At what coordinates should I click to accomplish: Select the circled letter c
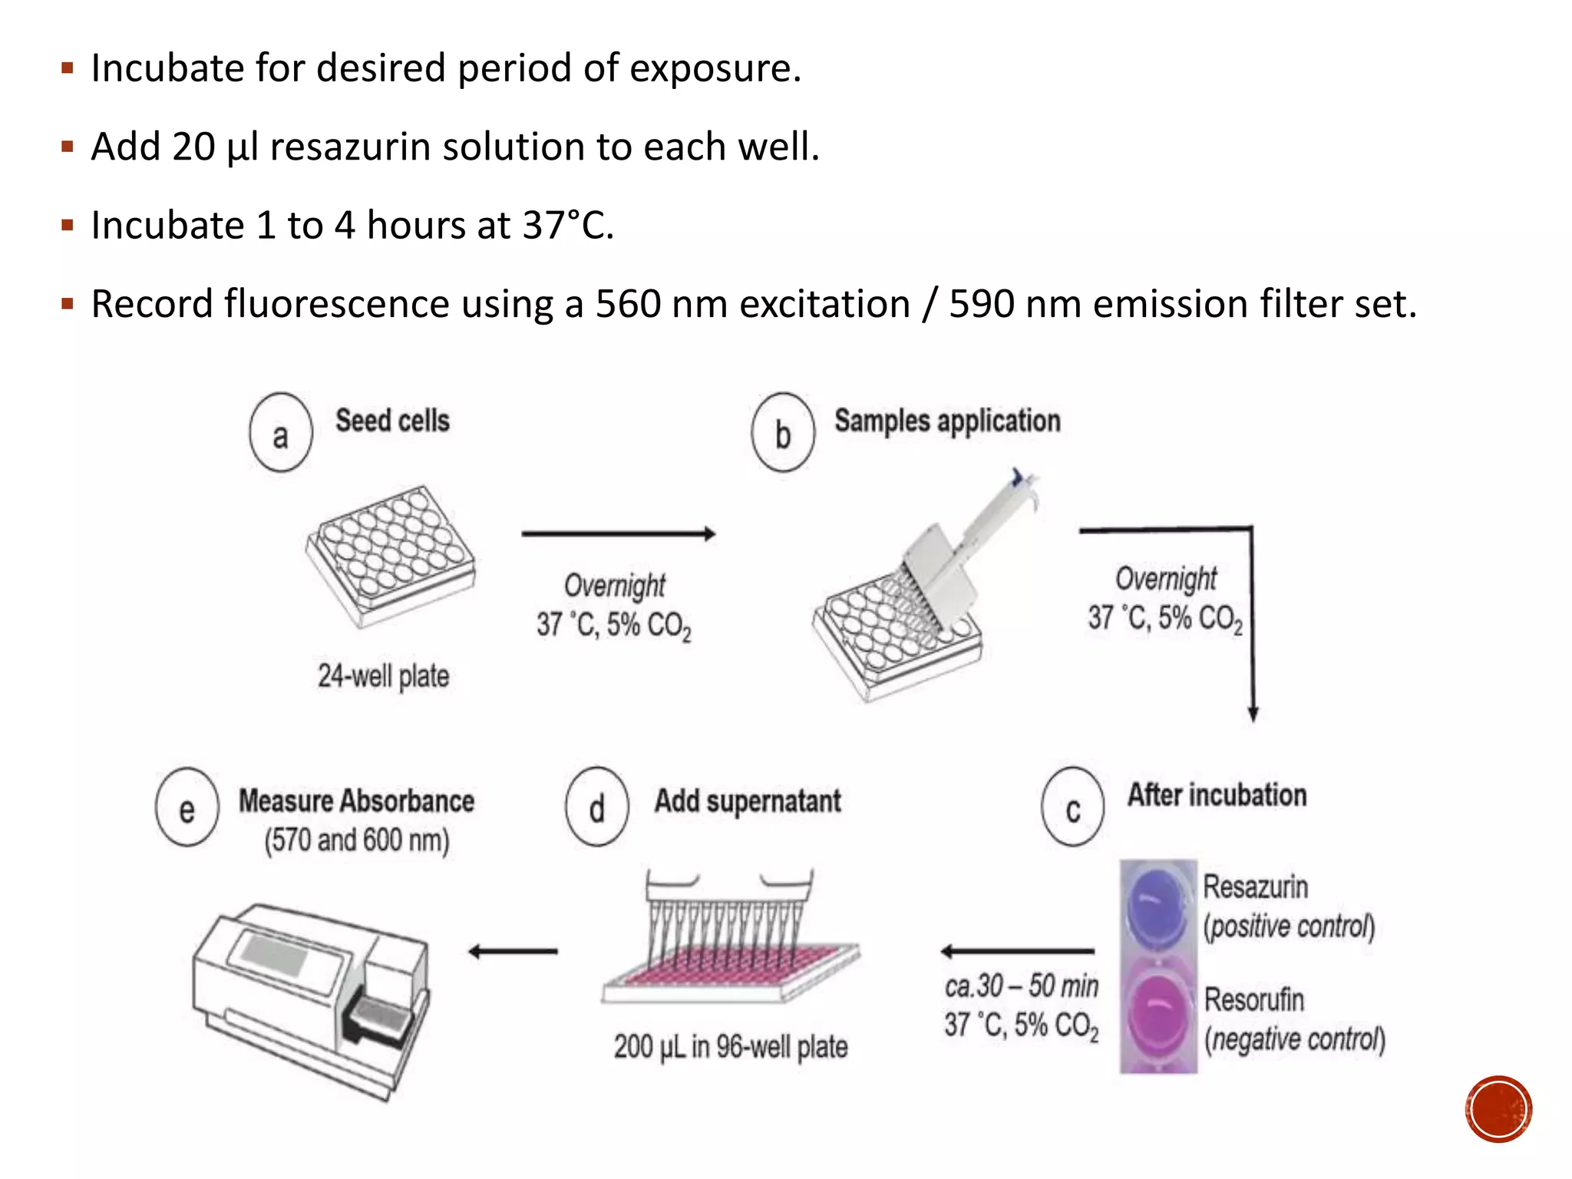click(x=1073, y=807)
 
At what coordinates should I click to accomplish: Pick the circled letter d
click(x=597, y=807)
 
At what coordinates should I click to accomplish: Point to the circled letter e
click(x=187, y=807)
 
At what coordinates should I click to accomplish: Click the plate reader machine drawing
click(x=311, y=998)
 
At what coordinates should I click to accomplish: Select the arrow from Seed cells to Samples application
click(x=618, y=533)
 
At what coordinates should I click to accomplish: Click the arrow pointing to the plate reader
click(x=513, y=952)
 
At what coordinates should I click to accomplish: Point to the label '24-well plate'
click(x=383, y=676)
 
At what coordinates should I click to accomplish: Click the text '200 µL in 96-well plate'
click(x=730, y=1046)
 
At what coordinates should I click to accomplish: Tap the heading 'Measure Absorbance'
click(x=356, y=801)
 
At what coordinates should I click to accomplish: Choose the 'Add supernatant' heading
click(x=748, y=801)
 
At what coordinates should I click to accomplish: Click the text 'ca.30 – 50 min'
click(x=1022, y=986)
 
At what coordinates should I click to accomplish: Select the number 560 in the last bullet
click(x=628, y=304)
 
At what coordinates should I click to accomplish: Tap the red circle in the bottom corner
click(x=1498, y=1109)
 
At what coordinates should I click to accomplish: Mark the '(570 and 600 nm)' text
click(x=357, y=840)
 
